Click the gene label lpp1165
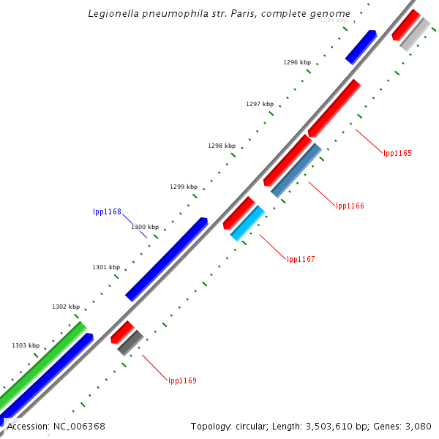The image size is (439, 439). click(397, 154)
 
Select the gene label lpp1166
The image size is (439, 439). click(350, 206)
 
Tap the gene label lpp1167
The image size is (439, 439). click(301, 259)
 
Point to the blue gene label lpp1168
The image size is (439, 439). click(107, 212)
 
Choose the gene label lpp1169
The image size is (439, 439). click(182, 380)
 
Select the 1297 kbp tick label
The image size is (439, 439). click(260, 104)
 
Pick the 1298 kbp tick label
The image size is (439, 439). click(222, 146)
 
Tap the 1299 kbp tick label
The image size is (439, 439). click(184, 187)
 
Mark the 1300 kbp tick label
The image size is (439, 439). click(145, 227)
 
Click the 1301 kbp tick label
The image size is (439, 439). click(106, 267)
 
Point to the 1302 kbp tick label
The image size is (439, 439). click(66, 307)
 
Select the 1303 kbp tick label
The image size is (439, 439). click(26, 345)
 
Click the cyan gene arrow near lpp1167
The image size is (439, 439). click(247, 222)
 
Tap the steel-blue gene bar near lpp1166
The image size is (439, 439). click(296, 170)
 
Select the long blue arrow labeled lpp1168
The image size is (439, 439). click(166, 259)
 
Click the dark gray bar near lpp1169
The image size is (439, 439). click(130, 342)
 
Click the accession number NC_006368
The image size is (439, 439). click(78, 426)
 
